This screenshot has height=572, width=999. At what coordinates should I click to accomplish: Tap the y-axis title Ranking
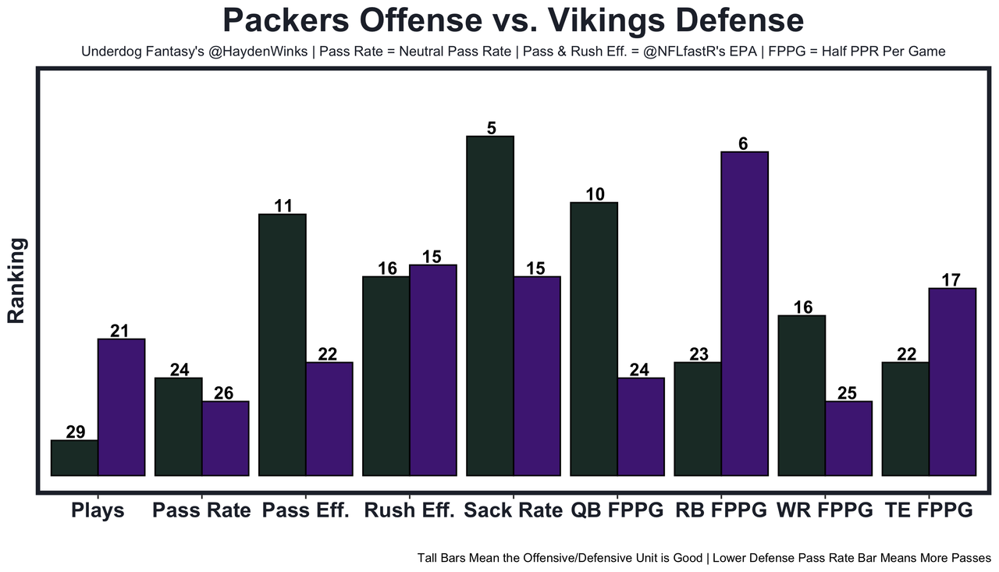[x=17, y=281]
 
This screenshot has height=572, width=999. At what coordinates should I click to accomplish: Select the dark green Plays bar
[x=74, y=458]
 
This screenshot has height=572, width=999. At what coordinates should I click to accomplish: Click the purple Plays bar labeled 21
[x=121, y=407]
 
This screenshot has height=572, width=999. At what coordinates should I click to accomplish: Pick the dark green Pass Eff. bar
[x=282, y=344]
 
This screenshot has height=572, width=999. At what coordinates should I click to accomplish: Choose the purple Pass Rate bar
[x=226, y=438]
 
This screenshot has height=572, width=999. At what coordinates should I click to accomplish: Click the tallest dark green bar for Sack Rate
[x=490, y=305]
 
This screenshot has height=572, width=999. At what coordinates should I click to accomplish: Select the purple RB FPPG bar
[x=745, y=313]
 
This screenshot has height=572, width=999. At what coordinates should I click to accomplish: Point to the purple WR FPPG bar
[x=848, y=438]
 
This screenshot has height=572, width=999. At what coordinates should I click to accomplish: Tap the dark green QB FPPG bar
[x=594, y=339]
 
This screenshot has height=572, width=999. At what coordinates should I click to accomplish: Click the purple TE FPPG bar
[x=952, y=382]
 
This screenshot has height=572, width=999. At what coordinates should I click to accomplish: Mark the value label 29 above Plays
[x=76, y=432]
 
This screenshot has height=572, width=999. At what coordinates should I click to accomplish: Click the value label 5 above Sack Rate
[x=491, y=128]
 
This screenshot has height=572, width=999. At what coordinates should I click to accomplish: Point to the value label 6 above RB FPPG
[x=743, y=144]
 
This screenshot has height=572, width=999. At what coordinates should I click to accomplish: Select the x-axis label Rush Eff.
[x=409, y=511]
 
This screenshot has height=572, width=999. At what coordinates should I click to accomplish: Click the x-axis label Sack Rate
[x=513, y=511]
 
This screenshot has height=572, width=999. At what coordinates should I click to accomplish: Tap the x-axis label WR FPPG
[x=824, y=511]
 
